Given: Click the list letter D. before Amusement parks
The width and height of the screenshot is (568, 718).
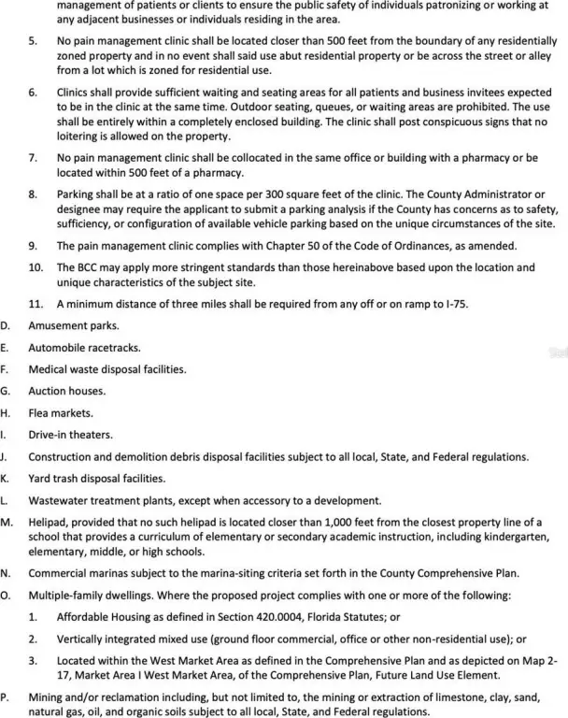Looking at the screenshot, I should (6, 326).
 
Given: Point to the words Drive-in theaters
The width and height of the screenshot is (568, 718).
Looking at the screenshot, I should (70, 435).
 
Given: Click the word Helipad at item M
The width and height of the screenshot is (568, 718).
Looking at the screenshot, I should (49, 521).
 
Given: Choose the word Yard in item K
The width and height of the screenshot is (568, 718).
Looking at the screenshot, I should (41, 478).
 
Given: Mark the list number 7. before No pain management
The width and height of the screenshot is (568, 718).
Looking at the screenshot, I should (33, 157).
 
